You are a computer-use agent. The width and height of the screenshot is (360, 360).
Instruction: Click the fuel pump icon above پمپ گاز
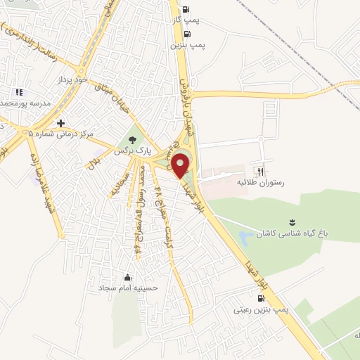tap(186, 9)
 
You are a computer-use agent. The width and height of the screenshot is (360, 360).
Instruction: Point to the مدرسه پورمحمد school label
tap(27, 103)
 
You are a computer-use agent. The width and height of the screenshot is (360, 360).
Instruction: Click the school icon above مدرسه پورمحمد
tap(19, 91)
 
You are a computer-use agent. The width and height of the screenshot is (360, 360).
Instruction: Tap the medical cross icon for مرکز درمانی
tap(61, 122)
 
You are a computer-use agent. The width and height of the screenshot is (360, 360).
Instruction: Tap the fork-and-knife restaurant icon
tap(261, 171)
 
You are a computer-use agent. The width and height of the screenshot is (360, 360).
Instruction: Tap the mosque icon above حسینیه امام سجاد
tap(127, 276)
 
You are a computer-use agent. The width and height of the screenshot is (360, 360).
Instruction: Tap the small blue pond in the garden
tap(245, 238)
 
